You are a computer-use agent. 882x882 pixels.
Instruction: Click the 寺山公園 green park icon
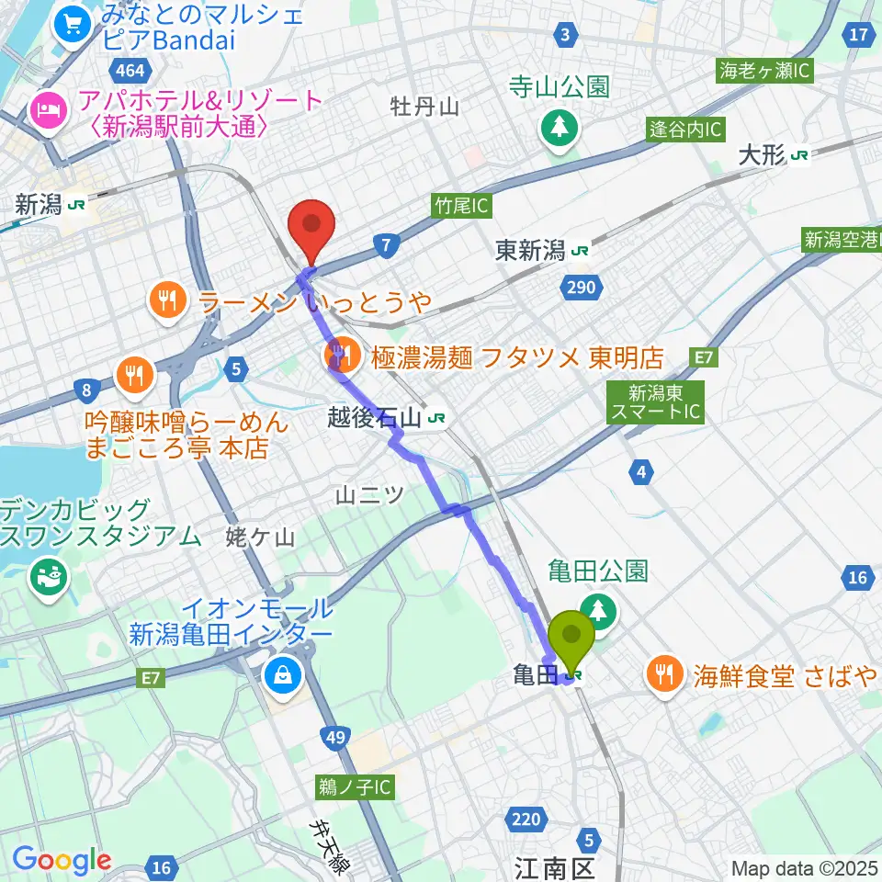(559, 128)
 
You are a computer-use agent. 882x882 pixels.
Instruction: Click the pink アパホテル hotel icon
(46, 111)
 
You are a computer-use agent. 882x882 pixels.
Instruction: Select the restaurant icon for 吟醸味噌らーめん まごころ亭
(134, 373)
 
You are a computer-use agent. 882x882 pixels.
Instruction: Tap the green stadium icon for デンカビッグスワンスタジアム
(45, 577)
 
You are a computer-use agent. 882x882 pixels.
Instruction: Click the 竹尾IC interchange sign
(459, 206)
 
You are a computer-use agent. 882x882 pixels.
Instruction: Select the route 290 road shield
(581, 288)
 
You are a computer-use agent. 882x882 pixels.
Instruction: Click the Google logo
(62, 861)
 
